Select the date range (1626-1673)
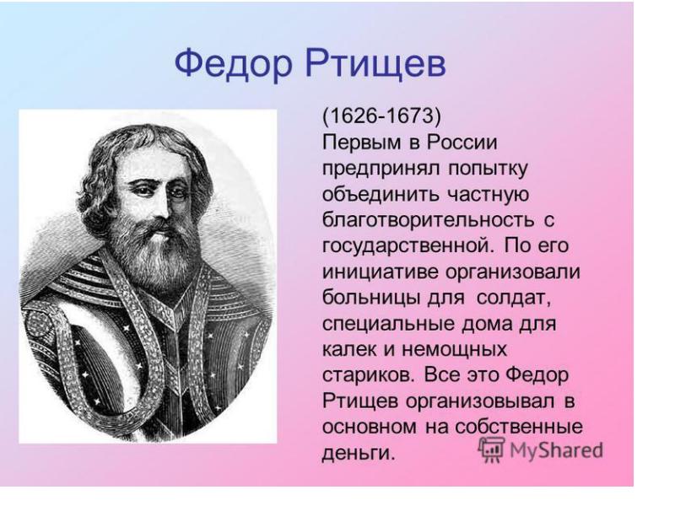[381, 116]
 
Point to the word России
[462, 143]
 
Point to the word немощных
[454, 350]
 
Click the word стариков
[370, 375]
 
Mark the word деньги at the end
[358, 452]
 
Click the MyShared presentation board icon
[491, 449]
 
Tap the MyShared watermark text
[556, 450]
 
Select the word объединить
[381, 195]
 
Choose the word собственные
[519, 427]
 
